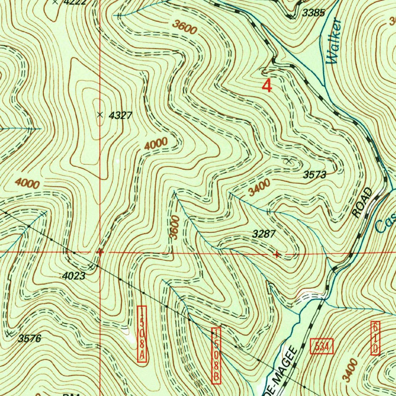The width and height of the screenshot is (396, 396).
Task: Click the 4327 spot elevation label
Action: point(121,115)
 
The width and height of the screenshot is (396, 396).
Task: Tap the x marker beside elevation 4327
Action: point(100,114)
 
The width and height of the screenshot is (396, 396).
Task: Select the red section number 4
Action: point(267,85)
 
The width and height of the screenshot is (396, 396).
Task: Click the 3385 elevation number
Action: point(313,13)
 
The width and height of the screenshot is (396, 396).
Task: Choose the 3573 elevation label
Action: point(314,175)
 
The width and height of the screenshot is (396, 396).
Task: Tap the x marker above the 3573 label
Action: point(288,161)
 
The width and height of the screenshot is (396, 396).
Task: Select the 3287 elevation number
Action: point(264,234)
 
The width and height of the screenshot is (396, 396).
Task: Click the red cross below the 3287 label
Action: point(277,254)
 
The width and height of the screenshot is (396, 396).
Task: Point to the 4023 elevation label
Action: point(73,276)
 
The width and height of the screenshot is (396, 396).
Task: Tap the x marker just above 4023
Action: point(91,267)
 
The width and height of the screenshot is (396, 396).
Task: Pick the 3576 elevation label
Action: point(29,339)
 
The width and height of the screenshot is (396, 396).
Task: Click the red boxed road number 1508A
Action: point(142,335)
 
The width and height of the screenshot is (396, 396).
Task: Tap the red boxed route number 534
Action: point(322,347)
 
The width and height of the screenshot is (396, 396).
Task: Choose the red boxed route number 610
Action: point(375,338)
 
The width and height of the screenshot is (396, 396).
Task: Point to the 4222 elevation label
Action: point(75,2)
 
